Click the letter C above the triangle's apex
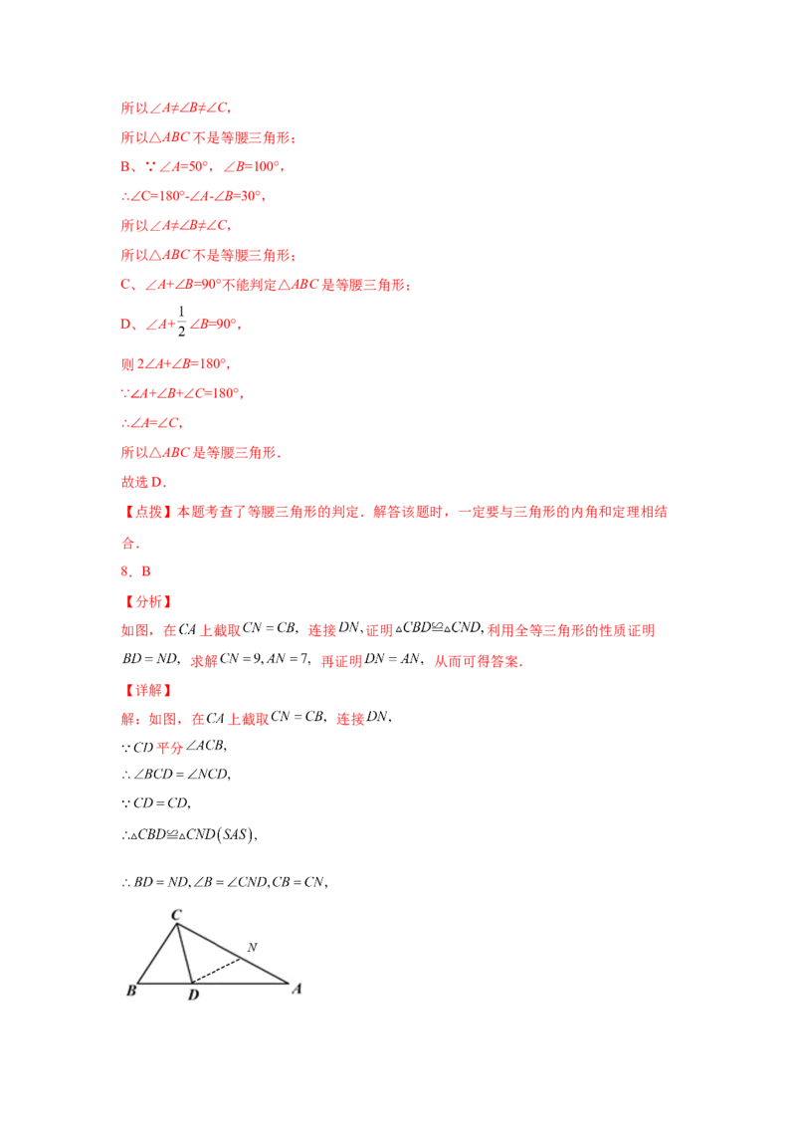pyautogui.click(x=176, y=914)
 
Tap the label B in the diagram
pyautogui.click(x=130, y=991)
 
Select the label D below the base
pyautogui.click(x=193, y=995)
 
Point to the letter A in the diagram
pyautogui.click(x=296, y=989)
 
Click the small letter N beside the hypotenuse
pyautogui.click(x=252, y=947)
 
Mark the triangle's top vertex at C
pyautogui.click(x=176, y=924)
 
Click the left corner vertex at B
pyautogui.click(x=137, y=983)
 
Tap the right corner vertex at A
pyautogui.click(x=288, y=983)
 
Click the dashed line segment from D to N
pyautogui.click(x=215, y=971)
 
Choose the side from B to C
pyautogui.click(x=156, y=954)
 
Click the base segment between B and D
pyautogui.click(x=164, y=983)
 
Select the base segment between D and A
pyautogui.click(x=239, y=983)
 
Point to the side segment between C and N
pyautogui.click(x=208, y=941)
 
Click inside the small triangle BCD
pyautogui.click(x=169, y=966)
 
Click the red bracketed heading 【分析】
pyautogui.click(x=146, y=602)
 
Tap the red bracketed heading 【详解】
pyautogui.click(x=146, y=689)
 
